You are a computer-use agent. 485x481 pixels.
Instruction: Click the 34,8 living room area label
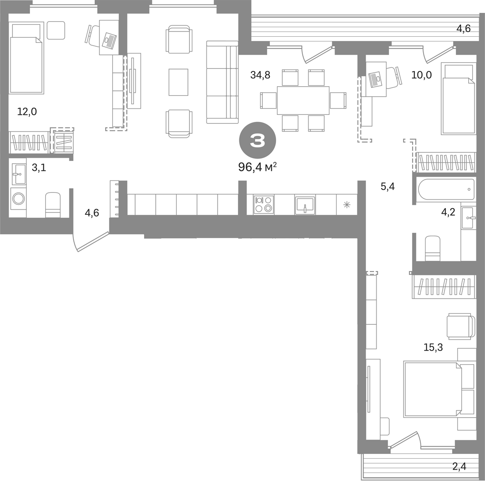tap(260, 75)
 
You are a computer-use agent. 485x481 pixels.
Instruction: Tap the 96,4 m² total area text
tap(257, 167)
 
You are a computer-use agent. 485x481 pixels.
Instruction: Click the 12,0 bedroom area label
tap(27, 111)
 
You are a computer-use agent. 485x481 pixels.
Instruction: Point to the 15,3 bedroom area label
tap(433, 347)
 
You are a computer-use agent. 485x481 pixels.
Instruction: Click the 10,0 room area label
tap(421, 75)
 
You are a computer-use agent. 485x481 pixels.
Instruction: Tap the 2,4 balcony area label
tap(459, 466)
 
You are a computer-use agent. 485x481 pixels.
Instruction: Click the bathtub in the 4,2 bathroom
tap(446, 189)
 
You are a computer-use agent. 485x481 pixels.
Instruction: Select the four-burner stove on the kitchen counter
tap(264, 205)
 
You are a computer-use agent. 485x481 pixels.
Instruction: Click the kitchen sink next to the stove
tap(305, 205)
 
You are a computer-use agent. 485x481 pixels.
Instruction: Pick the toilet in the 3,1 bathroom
tap(53, 205)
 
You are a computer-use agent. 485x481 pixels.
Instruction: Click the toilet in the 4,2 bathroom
tap(433, 249)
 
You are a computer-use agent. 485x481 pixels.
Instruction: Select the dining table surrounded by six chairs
tap(303, 100)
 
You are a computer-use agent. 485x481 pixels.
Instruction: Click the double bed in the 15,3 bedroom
tap(439, 389)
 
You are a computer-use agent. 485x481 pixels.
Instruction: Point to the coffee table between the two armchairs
tap(178, 82)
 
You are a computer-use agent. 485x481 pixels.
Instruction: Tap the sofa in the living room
tap(222, 82)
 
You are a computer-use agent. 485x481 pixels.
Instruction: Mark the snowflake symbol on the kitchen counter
tap(347, 204)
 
